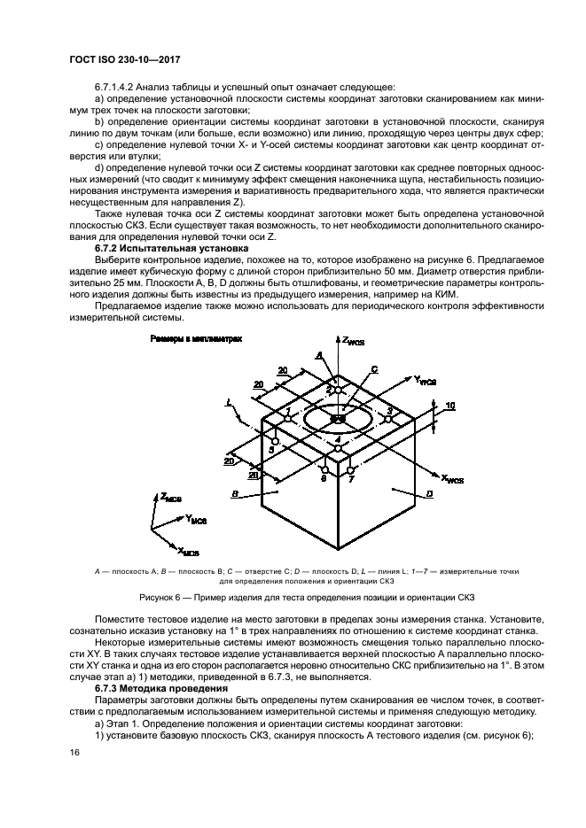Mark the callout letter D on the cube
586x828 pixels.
pyautogui.click(x=427, y=492)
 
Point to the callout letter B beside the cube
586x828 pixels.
pyautogui.click(x=233, y=492)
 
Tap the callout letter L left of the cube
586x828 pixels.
pyautogui.click(x=229, y=402)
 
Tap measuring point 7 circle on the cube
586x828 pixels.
pyautogui.click(x=352, y=469)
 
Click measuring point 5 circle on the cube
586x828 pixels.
pyautogui.click(x=276, y=441)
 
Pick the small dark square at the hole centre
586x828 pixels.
pyautogui.click(x=339, y=420)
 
